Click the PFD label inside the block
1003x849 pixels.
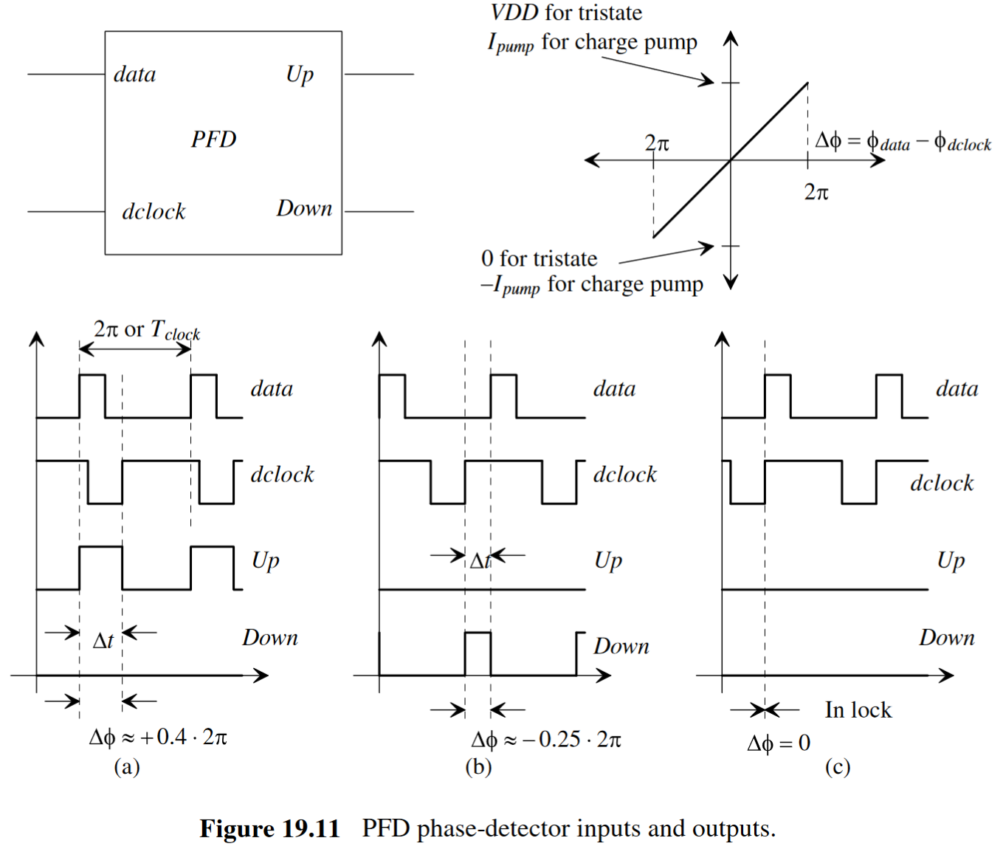tap(213, 139)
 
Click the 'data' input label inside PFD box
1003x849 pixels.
tap(135, 75)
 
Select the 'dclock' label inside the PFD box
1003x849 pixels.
tap(154, 212)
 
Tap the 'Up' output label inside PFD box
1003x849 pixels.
tap(300, 75)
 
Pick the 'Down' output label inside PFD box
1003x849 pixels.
tap(304, 209)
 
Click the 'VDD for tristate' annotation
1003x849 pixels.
tap(566, 13)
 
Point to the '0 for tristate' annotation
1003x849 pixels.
tap(539, 258)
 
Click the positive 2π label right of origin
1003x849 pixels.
tap(816, 193)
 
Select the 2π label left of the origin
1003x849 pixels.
tap(656, 142)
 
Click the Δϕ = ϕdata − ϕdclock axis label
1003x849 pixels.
tap(902, 141)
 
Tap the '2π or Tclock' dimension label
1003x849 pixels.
tap(146, 330)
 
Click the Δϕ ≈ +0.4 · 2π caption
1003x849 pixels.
tap(158, 737)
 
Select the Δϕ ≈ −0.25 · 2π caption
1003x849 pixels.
tap(546, 739)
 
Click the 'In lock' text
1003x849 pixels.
tap(858, 710)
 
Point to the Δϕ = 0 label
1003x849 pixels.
tap(779, 743)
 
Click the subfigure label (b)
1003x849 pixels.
tap(478, 767)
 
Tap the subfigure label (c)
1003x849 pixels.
tap(838, 767)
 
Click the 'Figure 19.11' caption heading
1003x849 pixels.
tap(269, 829)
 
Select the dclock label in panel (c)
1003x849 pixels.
tap(941, 484)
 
